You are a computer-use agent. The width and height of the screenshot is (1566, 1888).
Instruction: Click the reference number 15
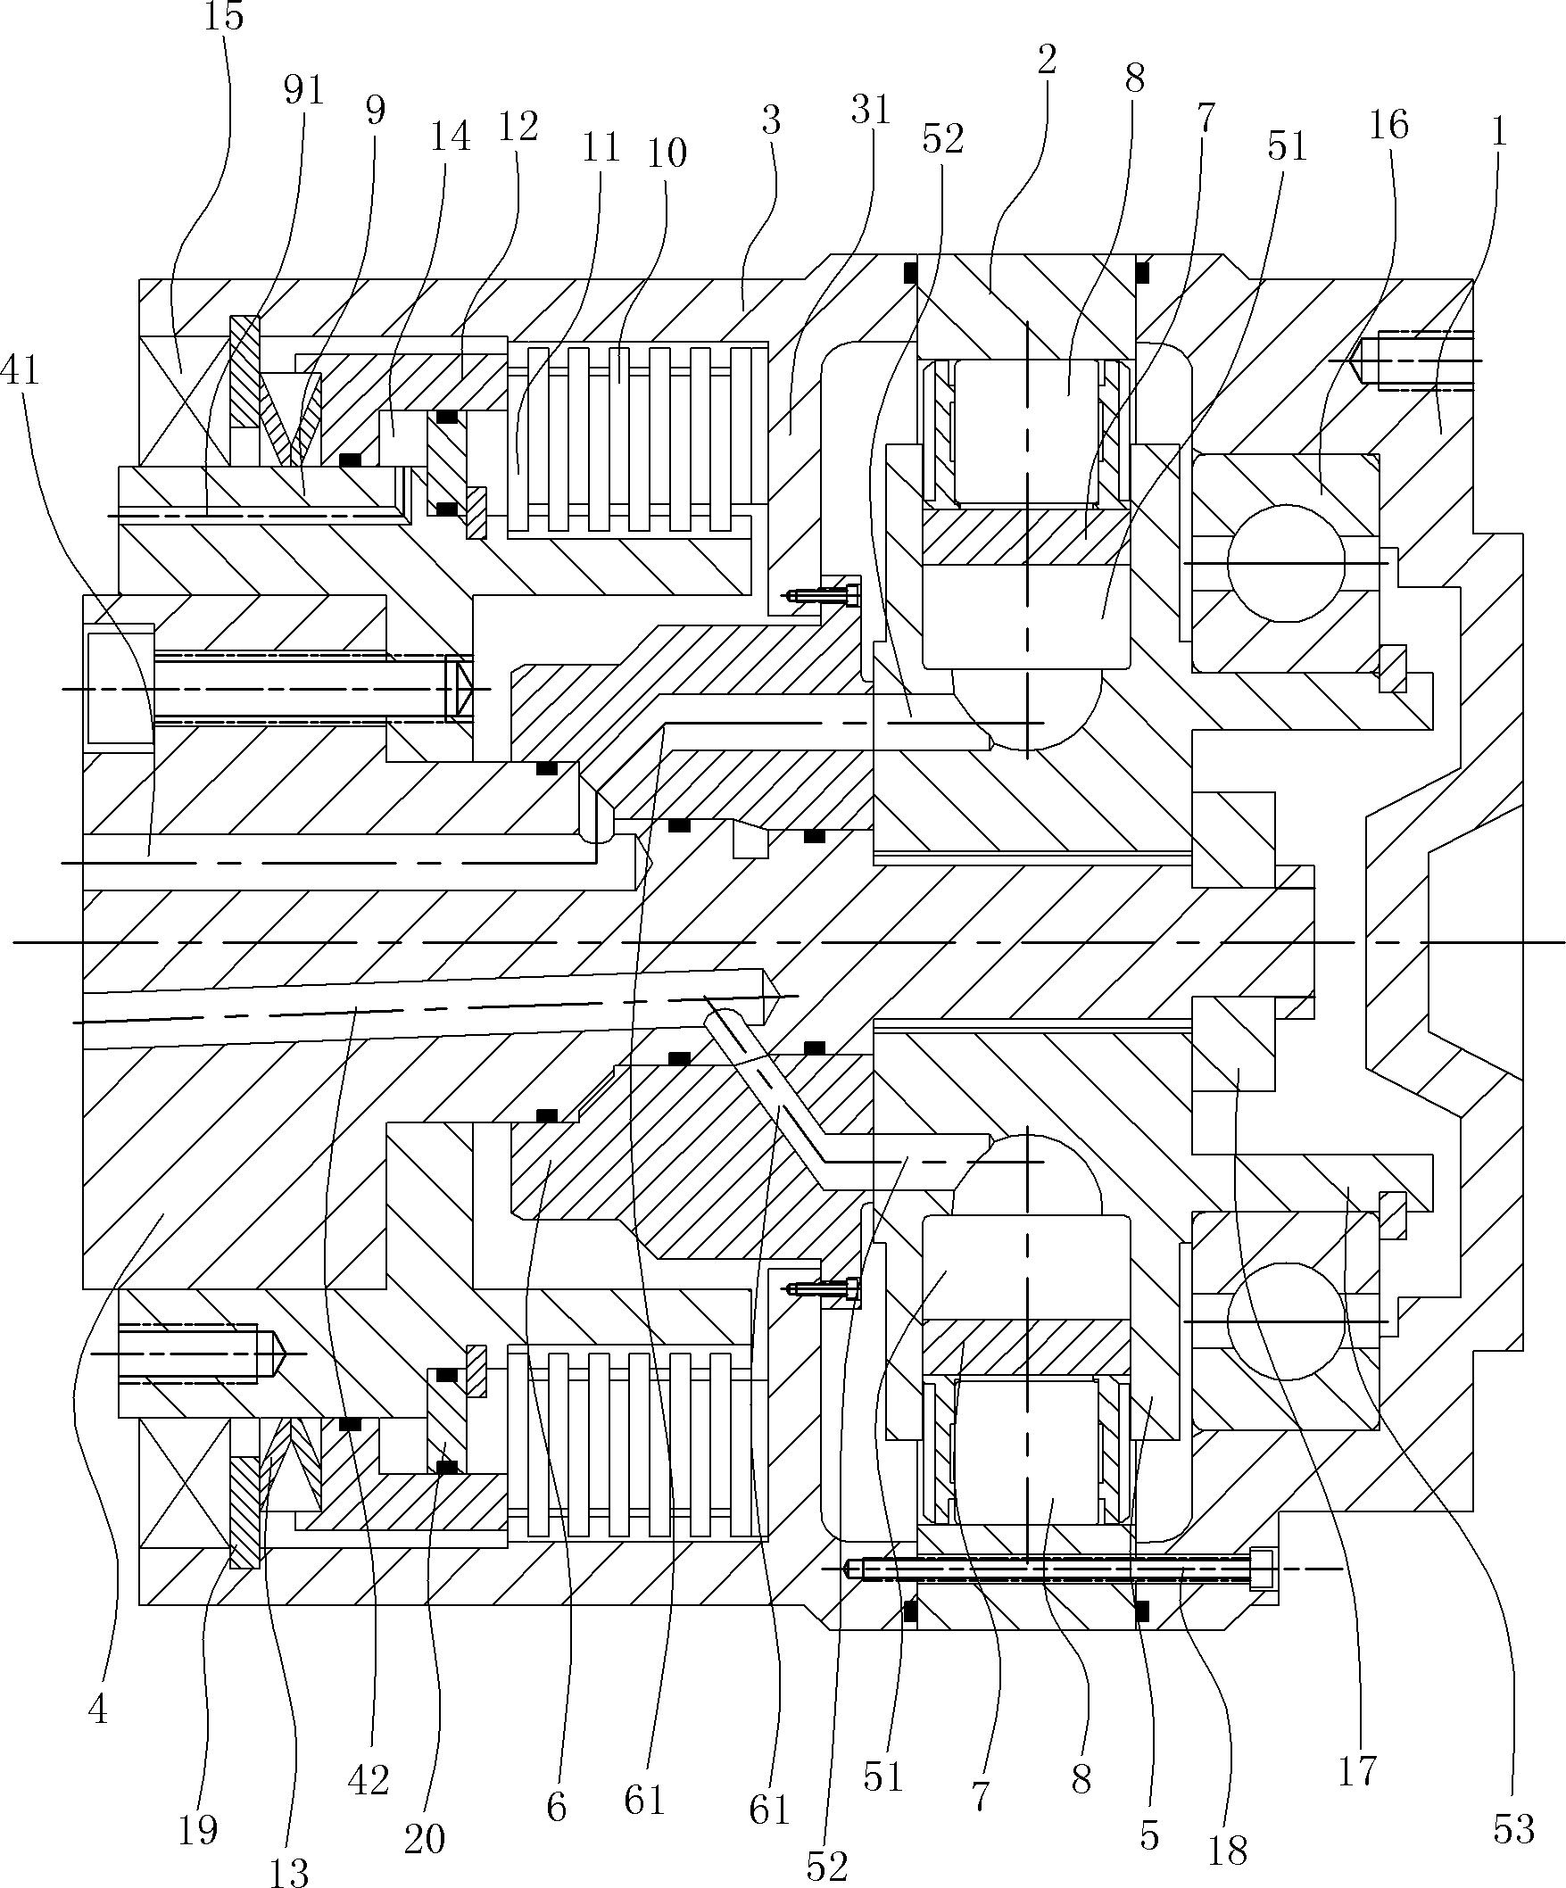(x=224, y=16)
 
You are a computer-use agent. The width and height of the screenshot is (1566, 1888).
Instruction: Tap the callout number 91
(x=303, y=91)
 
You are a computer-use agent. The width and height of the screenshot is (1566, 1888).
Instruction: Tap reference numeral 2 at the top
(x=1046, y=61)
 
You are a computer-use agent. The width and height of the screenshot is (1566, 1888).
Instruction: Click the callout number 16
(x=1389, y=124)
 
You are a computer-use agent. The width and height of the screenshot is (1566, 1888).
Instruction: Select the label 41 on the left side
(x=21, y=369)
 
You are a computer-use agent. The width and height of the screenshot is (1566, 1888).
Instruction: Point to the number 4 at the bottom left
(x=98, y=1709)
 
